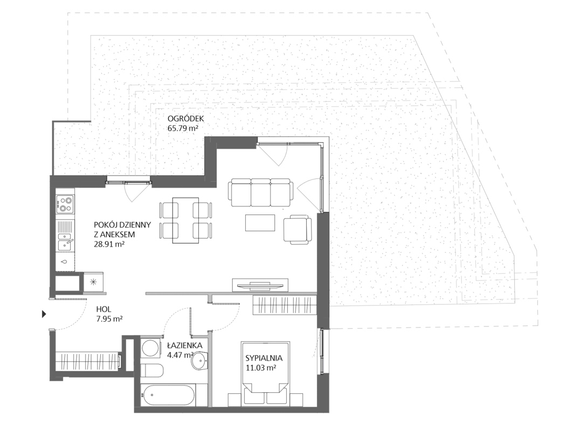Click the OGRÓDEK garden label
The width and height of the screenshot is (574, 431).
point(185,119)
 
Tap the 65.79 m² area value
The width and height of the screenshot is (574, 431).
point(183,128)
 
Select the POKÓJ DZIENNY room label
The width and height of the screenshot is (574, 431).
point(122,225)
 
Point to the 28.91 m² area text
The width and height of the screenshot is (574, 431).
point(109,244)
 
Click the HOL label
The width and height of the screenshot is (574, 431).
point(103,309)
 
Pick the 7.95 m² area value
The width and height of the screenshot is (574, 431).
point(109,319)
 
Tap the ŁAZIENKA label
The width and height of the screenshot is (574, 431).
point(184,345)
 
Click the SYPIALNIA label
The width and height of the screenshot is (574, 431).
point(264,358)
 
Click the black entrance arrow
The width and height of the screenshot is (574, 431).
point(44,314)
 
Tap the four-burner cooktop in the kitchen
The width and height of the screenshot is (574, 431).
point(65,204)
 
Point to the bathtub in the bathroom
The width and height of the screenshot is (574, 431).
point(168,395)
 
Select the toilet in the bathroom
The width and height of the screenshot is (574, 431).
point(152,370)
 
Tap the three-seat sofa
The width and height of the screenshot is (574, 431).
point(261,193)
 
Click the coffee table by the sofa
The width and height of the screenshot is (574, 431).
point(260,223)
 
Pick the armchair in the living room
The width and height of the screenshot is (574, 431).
point(298,228)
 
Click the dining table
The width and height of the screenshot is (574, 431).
point(185,220)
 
